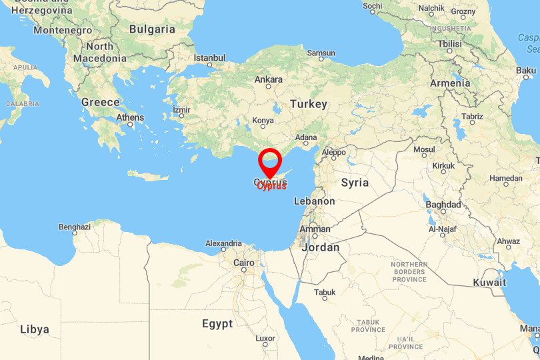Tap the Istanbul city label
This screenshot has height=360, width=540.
coord(210,58)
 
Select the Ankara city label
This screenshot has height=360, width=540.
coord(269,79)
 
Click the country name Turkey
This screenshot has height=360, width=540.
coord(309,104)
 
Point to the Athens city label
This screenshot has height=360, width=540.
coord(130,117)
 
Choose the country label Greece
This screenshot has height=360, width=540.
coord(100,102)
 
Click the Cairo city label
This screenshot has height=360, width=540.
coord(243,263)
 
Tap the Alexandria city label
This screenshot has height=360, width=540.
coord(223,243)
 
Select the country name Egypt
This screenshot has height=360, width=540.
coord(217,324)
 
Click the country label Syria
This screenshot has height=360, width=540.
coord(355,182)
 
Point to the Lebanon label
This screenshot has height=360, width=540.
coord(314,201)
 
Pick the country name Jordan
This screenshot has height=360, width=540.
coord(321,247)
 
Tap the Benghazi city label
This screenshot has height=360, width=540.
coord(75,227)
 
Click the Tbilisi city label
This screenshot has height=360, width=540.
coord(449,44)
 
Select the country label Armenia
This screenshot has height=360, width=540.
coord(450,83)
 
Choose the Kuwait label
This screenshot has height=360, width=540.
coord(490,282)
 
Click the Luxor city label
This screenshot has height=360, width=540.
coord(265,339)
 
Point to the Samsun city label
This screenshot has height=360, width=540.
coord(321,53)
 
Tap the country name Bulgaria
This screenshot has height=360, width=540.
coord(152,29)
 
